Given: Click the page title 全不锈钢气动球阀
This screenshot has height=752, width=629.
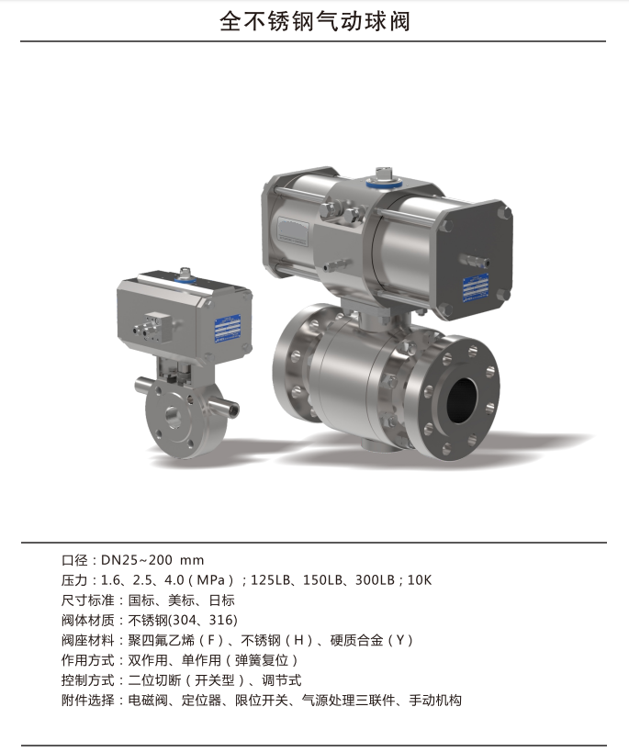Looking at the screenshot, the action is coord(315,22).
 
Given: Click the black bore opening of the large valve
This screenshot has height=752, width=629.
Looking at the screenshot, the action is coord(462,400).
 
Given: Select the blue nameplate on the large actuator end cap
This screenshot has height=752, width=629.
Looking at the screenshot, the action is coord(476,287).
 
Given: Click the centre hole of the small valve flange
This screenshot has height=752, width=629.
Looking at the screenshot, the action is coord(174,417).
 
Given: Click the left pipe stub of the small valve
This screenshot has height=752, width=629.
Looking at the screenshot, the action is coord(143,385).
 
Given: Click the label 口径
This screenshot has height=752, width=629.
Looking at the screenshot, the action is coord(74,560).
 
